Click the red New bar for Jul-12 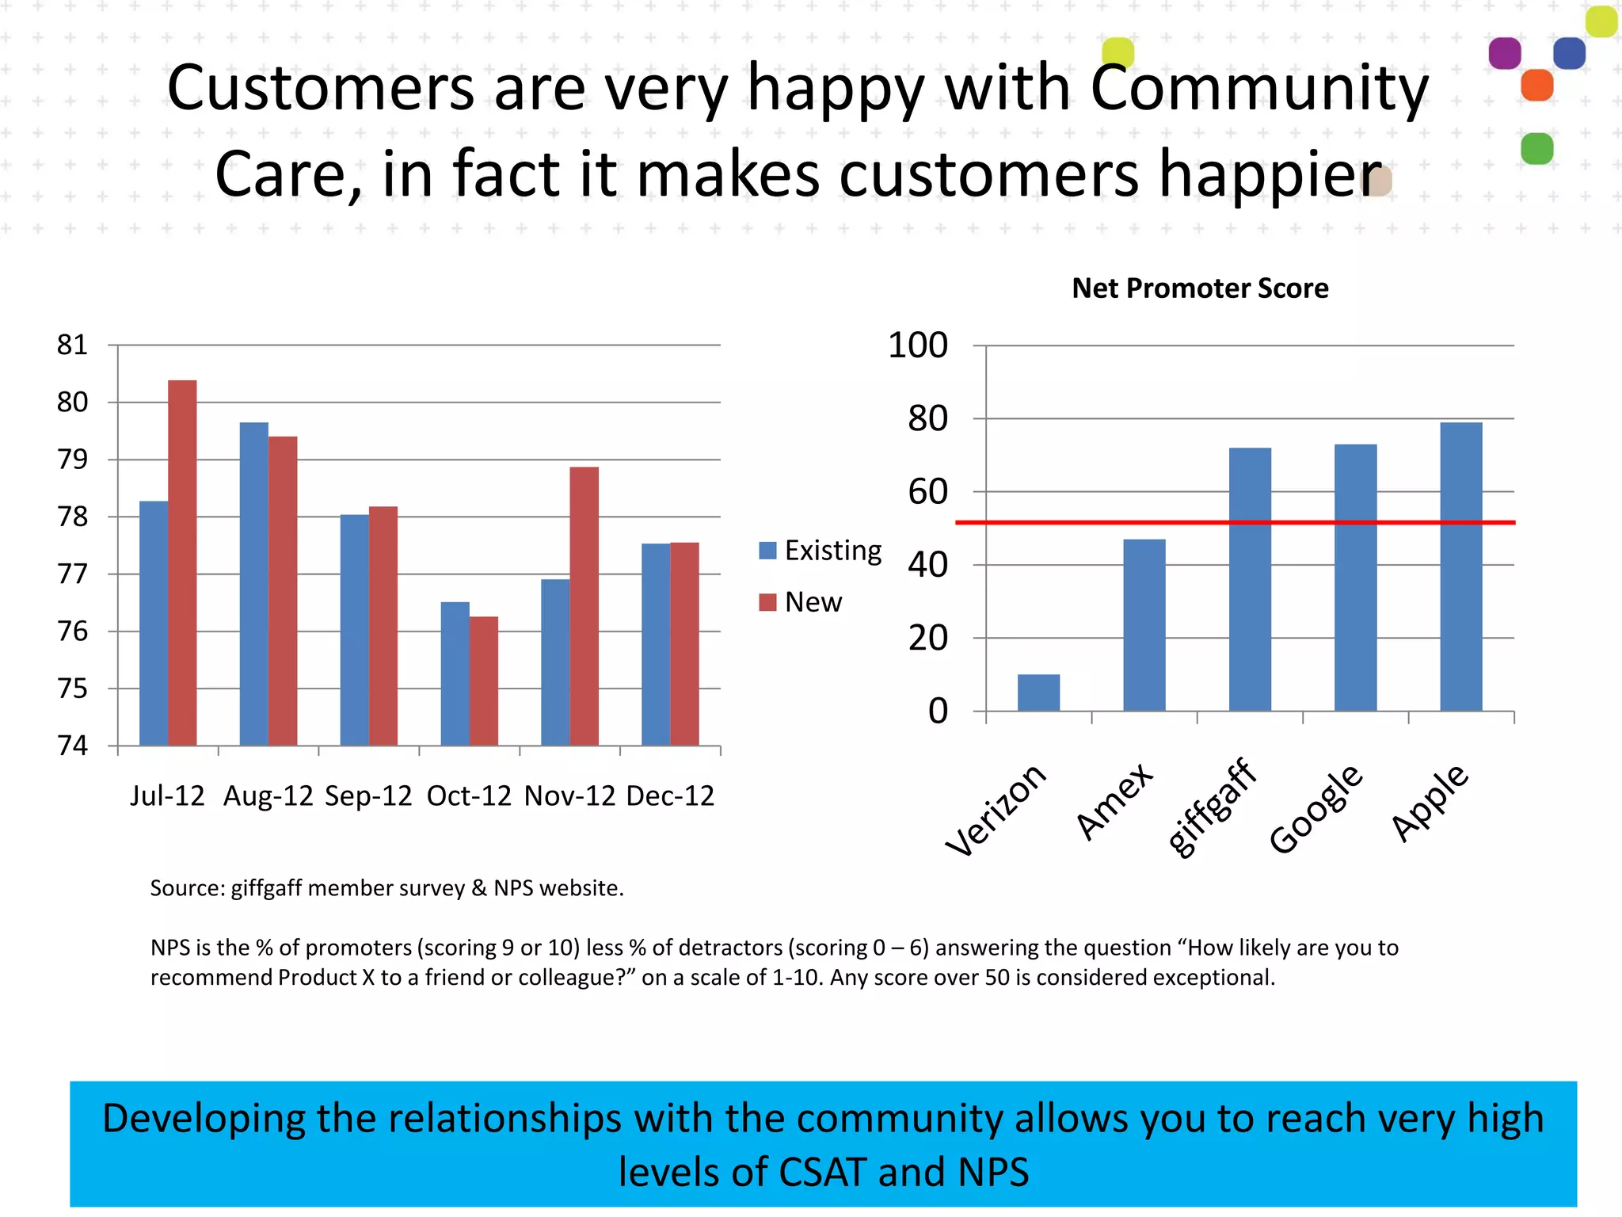[x=182, y=563]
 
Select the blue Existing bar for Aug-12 [x=253, y=584]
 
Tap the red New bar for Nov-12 [x=584, y=606]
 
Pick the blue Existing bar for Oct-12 [x=455, y=673]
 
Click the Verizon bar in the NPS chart [x=1038, y=692]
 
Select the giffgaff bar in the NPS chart [x=1250, y=579]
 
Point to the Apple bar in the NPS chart [x=1461, y=567]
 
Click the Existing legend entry [x=832, y=551]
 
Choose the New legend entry [x=813, y=602]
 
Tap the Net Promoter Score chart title [x=1200, y=288]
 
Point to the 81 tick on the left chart [x=72, y=345]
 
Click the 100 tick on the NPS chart [x=917, y=345]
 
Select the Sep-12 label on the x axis [x=368, y=795]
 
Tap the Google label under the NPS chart [x=1315, y=808]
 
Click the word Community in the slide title [x=1259, y=88]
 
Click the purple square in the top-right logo [x=1505, y=53]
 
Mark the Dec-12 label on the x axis [x=670, y=795]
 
